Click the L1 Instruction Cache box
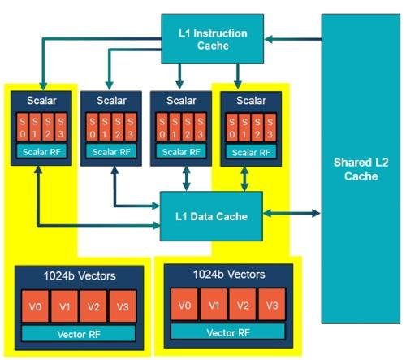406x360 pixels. tap(213, 39)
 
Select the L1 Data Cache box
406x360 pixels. tap(211, 216)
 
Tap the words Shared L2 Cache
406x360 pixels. tap(361, 169)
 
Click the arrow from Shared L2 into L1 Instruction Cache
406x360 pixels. tap(293, 39)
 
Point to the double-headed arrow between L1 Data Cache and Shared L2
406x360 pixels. tap(292, 214)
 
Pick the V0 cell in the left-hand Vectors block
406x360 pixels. tap(35, 306)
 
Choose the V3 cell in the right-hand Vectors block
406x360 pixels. tap(272, 305)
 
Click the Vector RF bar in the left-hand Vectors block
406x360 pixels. tap(79, 334)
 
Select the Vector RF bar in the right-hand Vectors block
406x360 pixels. tap(228, 332)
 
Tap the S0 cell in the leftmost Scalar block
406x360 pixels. tap(23, 128)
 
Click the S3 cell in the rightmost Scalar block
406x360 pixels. tap(270, 128)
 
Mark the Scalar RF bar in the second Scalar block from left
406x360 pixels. tap(111, 152)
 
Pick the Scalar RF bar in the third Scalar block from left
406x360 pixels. tap(181, 152)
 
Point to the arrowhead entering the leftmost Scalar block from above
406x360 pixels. tap(43, 86)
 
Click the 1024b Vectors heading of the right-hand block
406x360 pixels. tap(229, 275)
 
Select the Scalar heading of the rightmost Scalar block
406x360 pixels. tap(251, 101)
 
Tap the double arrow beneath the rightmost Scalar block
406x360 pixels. tap(244, 179)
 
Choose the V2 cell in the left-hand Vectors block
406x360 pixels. tap(93, 306)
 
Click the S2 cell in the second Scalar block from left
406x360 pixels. tap(118, 128)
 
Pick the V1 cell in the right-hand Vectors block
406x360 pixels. tap(214, 305)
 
